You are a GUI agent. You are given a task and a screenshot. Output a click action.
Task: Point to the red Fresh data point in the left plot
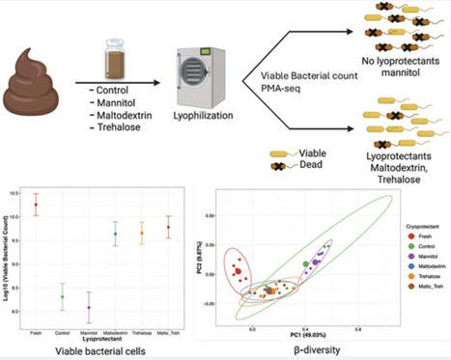click(x=37, y=205)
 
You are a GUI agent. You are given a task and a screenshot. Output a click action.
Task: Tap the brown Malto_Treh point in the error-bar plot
click(x=168, y=228)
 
